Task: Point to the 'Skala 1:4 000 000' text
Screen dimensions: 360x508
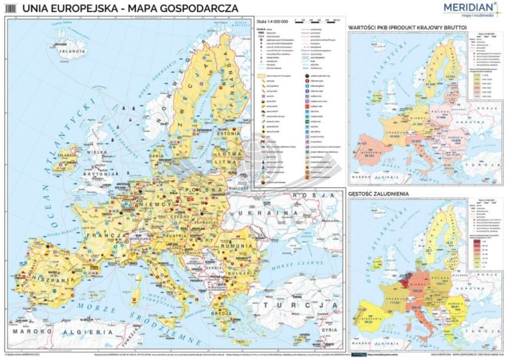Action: click(x=270, y=22)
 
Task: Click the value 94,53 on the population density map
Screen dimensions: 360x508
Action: click(x=368, y=323)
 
